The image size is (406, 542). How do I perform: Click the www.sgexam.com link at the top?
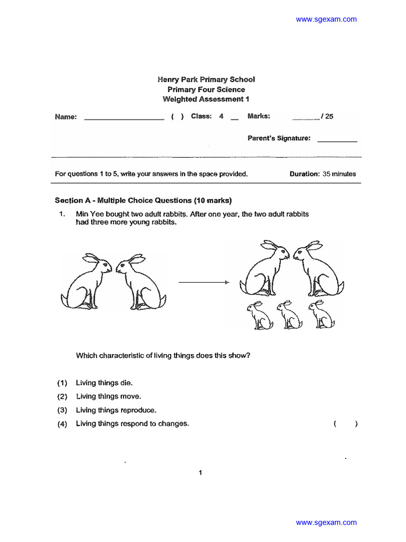click(326, 20)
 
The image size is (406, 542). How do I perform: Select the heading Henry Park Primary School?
click(206, 79)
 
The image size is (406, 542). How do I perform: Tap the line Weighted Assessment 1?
click(206, 100)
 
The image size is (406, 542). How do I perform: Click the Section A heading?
click(143, 201)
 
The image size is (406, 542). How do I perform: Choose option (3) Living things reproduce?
click(116, 410)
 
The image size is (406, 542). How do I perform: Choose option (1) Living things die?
click(104, 383)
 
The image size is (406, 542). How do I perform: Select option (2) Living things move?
click(108, 396)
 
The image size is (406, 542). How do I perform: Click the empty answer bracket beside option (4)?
click(346, 424)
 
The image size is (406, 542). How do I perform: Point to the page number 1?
click(200, 473)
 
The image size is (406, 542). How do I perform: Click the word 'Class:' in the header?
click(201, 116)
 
